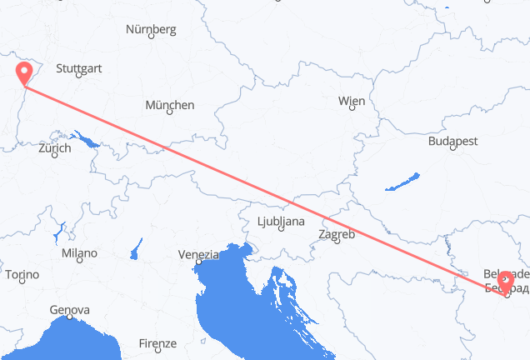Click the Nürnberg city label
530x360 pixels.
pyautogui.click(x=151, y=29)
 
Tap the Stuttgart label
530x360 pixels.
pyautogui.click(x=79, y=67)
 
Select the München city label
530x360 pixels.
pyautogui.click(x=169, y=105)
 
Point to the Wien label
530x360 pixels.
pyautogui.click(x=351, y=101)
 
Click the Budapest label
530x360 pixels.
pyautogui.click(x=452, y=142)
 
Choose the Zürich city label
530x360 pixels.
pyautogui.click(x=54, y=147)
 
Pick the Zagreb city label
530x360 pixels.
pyautogui.click(x=337, y=234)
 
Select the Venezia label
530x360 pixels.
pyautogui.click(x=197, y=254)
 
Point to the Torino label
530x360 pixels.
pyautogui.click(x=22, y=274)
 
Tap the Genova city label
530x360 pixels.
pyautogui.click(x=70, y=310)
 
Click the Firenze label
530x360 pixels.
pyautogui.click(x=157, y=343)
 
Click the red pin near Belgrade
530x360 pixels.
pyautogui.click(x=505, y=283)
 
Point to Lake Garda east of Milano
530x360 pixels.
pyautogui.click(x=135, y=248)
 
